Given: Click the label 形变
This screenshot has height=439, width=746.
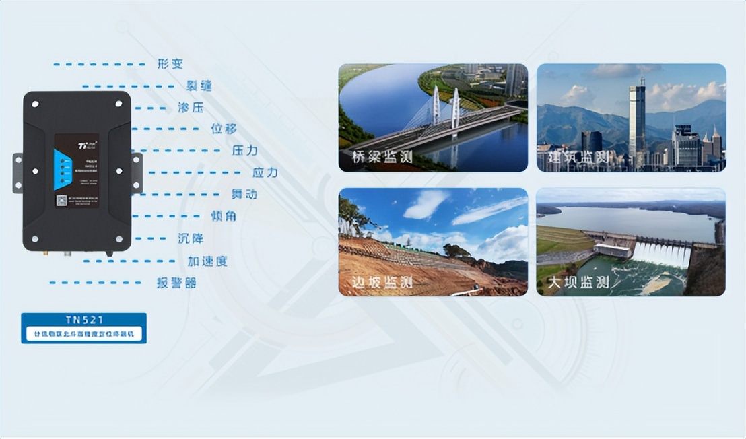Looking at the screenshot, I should pyautogui.click(x=170, y=65).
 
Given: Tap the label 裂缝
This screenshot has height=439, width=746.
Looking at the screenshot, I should pyautogui.click(x=199, y=86).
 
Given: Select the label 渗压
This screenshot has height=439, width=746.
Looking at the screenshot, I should pyautogui.click(x=190, y=107).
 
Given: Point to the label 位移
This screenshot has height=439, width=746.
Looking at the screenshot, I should pyautogui.click(x=224, y=129).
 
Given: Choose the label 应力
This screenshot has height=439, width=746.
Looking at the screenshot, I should pyautogui.click(x=265, y=172).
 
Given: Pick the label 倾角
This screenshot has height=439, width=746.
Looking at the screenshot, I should pyautogui.click(x=224, y=216).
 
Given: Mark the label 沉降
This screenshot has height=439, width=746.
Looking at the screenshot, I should pyautogui.click(x=190, y=238).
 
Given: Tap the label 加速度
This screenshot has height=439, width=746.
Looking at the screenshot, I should pyautogui.click(x=207, y=261).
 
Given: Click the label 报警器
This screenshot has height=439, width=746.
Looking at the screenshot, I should pyautogui.click(x=176, y=283).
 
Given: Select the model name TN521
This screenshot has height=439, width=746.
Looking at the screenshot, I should pyautogui.click(x=83, y=320).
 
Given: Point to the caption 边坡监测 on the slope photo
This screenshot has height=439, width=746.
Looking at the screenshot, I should pyautogui.click(x=382, y=283).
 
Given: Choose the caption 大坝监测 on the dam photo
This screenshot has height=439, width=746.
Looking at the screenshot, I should pyautogui.click(x=578, y=283).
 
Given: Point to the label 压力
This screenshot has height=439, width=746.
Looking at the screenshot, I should pyautogui.click(x=244, y=150).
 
